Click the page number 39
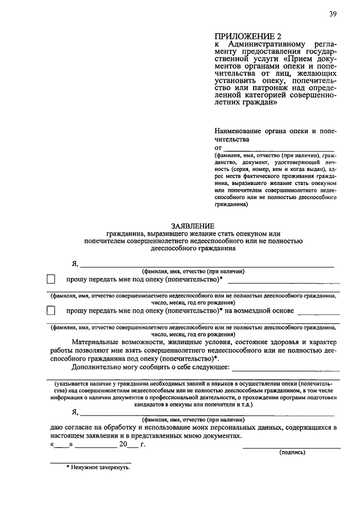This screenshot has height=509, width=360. coord(334,15)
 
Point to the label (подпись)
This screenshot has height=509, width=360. coord(292,452)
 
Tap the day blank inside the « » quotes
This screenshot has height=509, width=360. coord(62,444)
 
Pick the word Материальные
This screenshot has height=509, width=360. coord(99,341)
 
